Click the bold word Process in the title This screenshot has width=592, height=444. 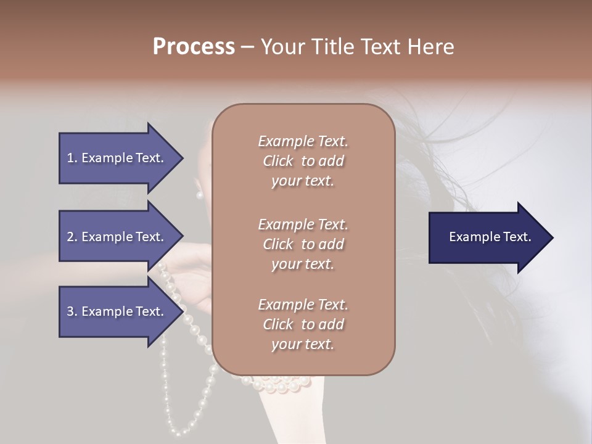(194, 47)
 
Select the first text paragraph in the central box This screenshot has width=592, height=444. (303, 161)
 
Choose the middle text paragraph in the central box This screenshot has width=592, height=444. (303, 244)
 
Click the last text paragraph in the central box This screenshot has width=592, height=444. (303, 324)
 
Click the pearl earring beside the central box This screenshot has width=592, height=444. (199, 195)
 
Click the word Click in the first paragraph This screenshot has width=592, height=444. (277, 161)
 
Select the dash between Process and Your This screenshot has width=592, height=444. (247, 47)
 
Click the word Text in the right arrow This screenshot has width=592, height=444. (517, 237)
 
